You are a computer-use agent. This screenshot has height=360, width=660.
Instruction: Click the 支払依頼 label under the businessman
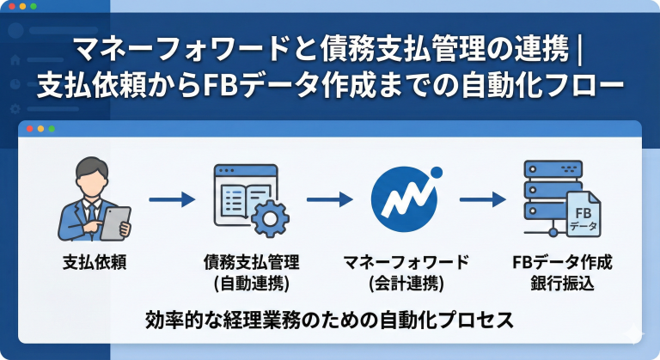95,261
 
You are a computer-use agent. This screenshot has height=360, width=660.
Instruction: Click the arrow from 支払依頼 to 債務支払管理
173,200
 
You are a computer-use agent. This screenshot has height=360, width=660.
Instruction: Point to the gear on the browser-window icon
271,217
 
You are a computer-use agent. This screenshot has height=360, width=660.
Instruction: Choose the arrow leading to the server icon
481,200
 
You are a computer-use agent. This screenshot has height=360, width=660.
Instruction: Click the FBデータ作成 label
563,261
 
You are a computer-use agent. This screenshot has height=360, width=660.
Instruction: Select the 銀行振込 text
563,282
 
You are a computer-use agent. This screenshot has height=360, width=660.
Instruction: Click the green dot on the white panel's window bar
52,129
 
